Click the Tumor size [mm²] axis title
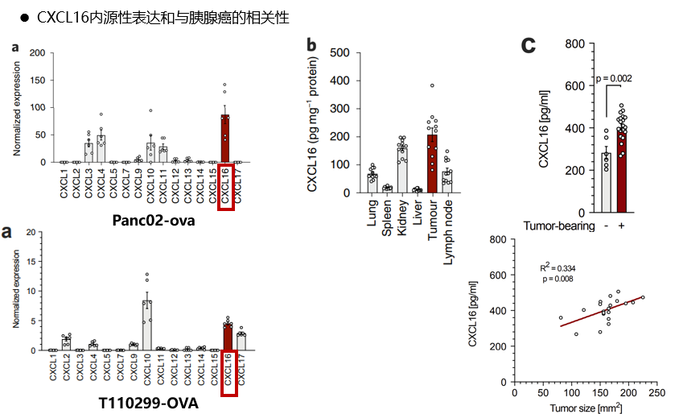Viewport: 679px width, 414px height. click(586, 408)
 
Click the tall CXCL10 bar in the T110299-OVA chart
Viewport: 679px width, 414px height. click(146, 325)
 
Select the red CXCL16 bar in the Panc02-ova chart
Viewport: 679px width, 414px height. click(225, 139)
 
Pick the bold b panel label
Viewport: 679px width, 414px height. click(311, 46)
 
